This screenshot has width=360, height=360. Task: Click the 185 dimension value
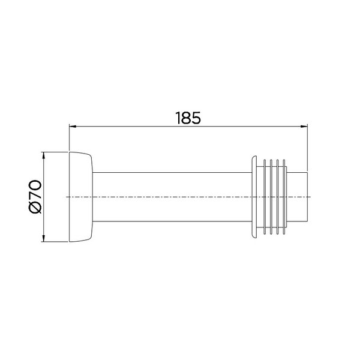coord(188,118)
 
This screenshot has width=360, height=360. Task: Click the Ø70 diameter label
coord(35,197)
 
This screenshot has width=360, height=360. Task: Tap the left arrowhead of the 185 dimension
coord(73,126)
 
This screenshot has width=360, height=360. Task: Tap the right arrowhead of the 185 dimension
coord(304,126)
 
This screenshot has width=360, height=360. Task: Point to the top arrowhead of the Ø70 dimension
coord(43,155)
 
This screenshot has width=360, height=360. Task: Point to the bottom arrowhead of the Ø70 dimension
coord(43,238)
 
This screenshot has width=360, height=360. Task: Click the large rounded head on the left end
coord(81,197)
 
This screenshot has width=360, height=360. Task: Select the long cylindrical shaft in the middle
coord(172,197)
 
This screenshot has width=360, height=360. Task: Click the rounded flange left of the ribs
coord(254,197)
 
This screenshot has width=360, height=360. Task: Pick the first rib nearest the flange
coord(265,197)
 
